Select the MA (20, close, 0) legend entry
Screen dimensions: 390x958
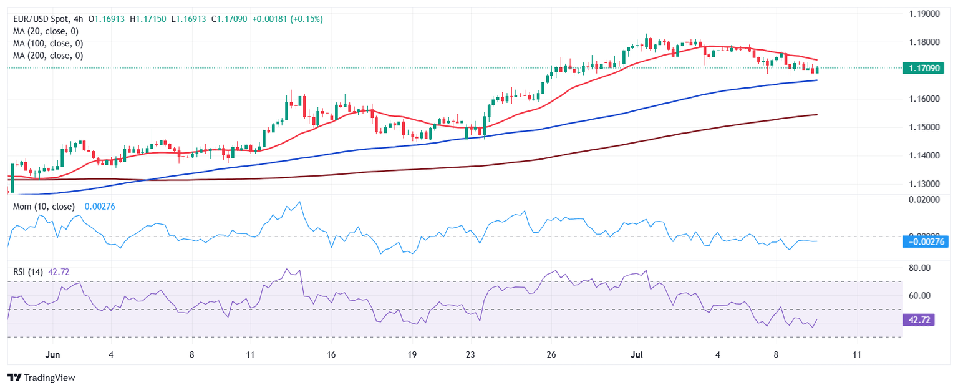pyautogui.click(x=48, y=31)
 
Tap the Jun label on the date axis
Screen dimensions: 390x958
pyautogui.click(x=53, y=355)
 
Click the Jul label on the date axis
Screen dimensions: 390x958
pyautogui.click(x=644, y=355)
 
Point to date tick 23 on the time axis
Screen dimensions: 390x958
pyautogui.click(x=470, y=355)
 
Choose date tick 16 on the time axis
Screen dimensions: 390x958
pyautogui.click(x=331, y=355)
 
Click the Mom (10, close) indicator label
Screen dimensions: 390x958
pyautogui.click(x=44, y=206)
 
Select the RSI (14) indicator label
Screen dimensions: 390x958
pyautogui.click(x=28, y=271)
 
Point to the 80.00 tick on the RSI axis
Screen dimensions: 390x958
pyautogui.click(x=921, y=268)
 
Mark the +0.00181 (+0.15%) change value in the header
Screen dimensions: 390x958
pyautogui.click(x=288, y=19)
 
